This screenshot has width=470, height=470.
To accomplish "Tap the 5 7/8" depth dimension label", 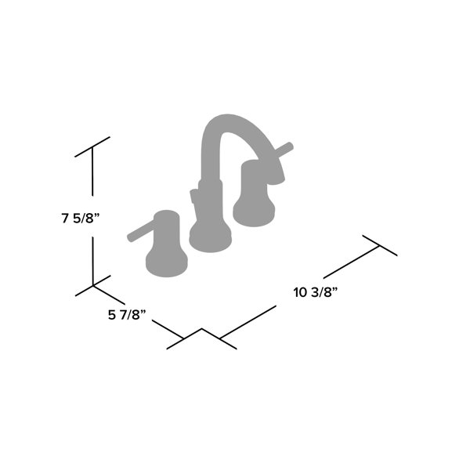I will point(127,316).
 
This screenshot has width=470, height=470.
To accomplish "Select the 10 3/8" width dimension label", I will point(315,293).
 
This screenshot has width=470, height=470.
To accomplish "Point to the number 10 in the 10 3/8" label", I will point(301,293).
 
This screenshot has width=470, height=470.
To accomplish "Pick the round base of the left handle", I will point(166,260).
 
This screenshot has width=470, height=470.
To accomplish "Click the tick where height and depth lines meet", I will point(93,286).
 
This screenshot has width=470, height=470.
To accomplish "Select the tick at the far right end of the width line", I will point(380,246).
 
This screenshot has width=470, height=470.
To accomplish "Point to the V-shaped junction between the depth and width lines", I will point(202,330).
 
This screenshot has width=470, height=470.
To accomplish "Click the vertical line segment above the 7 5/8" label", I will point(92,174).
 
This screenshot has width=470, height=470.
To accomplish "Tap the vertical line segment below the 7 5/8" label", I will point(92,258).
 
